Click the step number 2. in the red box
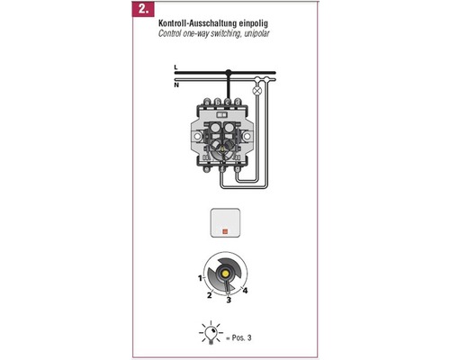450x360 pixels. click(143, 9)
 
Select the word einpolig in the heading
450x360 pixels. click(254, 23)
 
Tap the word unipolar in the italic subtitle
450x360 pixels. click(256, 33)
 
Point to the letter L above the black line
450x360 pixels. click(175, 67)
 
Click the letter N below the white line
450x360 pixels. click(176, 85)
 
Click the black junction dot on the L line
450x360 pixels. click(229, 72)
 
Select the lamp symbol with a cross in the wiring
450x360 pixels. click(257, 91)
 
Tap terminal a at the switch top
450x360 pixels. click(207, 102)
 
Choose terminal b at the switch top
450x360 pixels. click(217, 102)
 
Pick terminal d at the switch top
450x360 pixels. click(238, 102)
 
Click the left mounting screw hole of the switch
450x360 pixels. click(197, 137)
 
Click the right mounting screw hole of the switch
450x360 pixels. click(247, 137)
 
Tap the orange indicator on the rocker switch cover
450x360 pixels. click(225, 231)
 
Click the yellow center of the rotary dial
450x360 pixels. click(225, 274)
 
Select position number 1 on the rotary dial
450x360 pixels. click(200, 278)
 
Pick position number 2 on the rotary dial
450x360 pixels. click(210, 295)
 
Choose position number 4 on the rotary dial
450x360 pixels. click(245, 291)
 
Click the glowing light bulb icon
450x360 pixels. click(211, 333)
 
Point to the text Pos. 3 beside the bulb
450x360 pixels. click(241, 337)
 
